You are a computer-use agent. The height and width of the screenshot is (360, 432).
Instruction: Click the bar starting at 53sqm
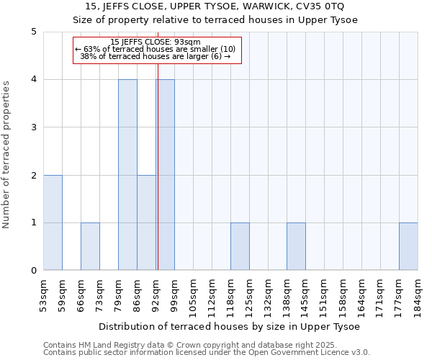53,222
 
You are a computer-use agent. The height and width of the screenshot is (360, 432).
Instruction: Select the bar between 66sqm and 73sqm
90,246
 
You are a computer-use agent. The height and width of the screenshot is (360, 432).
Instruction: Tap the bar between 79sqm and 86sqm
127,175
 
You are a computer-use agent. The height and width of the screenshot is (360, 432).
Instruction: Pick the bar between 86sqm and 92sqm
146,222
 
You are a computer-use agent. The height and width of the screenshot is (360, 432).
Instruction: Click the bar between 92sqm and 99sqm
165,175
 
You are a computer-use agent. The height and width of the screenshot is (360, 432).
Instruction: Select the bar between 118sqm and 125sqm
240,246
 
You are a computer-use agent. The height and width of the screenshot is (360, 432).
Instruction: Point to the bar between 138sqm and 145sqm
296,246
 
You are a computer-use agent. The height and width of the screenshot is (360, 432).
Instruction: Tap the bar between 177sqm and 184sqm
408,246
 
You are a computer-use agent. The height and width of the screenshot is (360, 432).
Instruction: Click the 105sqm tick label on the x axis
193,295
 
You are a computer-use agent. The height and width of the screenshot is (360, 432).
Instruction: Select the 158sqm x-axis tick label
343,295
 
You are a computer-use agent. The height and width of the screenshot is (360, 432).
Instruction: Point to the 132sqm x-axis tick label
268,295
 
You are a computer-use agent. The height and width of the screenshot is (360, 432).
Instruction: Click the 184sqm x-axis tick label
418,295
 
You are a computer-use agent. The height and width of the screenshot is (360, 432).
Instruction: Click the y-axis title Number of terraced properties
7,155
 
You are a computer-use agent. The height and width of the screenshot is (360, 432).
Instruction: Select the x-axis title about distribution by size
230,327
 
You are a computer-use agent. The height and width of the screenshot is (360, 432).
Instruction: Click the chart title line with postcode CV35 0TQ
215,6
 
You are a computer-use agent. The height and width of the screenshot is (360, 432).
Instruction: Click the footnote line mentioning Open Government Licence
207,353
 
